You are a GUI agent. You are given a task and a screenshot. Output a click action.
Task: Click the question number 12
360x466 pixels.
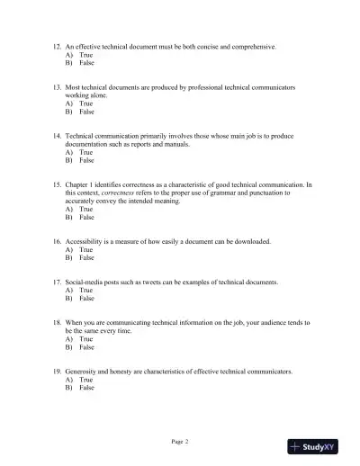pyautogui.click(x=56, y=45)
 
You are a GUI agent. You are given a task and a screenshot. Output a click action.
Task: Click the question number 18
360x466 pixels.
pyautogui.click(x=56, y=321)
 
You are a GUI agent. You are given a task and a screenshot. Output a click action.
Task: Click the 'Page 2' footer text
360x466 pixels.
pyautogui.click(x=180, y=442)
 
